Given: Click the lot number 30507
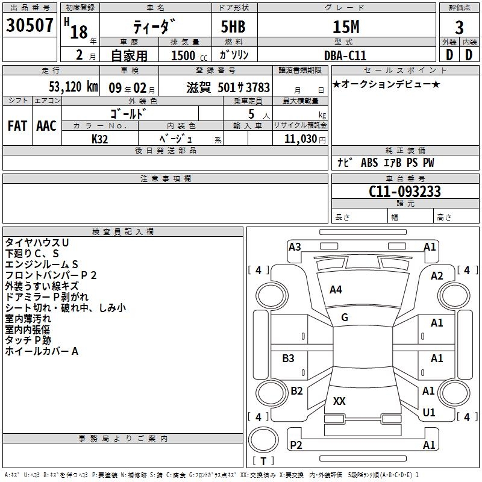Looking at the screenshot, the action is pos(30,25).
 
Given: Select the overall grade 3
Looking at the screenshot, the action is pos(459,27).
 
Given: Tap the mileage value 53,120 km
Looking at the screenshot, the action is pos(74,87).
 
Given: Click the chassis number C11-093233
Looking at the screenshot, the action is pos(404,191).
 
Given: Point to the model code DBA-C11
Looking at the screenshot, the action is pos(345,55).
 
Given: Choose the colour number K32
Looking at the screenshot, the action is pos(99,139).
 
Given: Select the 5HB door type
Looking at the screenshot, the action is pos(233,27).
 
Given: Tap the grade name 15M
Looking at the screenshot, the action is pos(346,27).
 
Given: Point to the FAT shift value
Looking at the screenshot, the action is pos(17,126).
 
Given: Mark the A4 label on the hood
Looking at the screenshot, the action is pos(336,290).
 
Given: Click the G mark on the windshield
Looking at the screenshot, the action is pos(345,318).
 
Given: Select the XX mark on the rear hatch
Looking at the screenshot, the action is pos(339,401).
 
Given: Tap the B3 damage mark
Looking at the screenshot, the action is pos(288,358).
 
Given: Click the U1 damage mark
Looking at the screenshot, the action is pos(429,412).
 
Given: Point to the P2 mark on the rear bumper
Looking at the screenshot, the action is pos(296,445).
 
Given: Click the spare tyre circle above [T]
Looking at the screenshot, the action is pos(263,440).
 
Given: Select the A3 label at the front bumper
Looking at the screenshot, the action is pos(295,247).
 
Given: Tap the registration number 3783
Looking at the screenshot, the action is pos(258,87).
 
